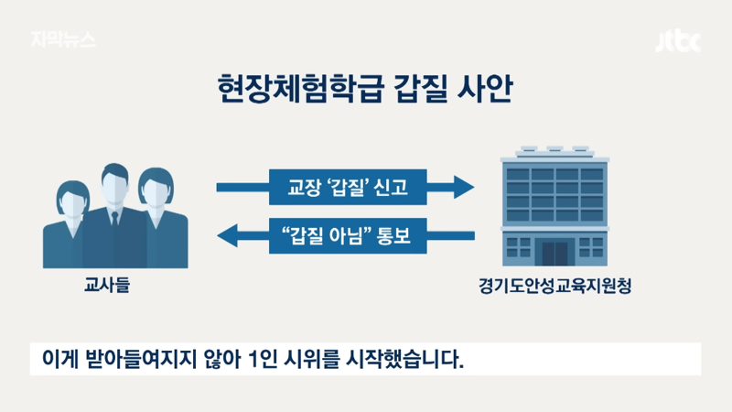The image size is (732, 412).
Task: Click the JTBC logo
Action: (678, 42)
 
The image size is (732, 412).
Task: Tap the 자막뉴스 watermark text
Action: (63, 39)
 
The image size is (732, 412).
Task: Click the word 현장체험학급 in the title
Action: (300, 89)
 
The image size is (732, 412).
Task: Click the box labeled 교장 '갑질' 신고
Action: (348, 187)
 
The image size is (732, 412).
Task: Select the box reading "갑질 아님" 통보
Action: (348, 235)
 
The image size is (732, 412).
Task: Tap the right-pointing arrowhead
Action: (464, 188)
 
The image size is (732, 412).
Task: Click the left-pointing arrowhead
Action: (228, 235)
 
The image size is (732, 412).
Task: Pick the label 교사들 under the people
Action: (107, 285)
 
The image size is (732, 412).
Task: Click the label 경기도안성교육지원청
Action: (554, 286)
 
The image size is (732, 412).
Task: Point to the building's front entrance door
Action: (555, 253)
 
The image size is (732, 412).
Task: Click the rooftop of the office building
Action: (555, 154)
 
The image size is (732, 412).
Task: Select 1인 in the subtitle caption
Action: (263, 359)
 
